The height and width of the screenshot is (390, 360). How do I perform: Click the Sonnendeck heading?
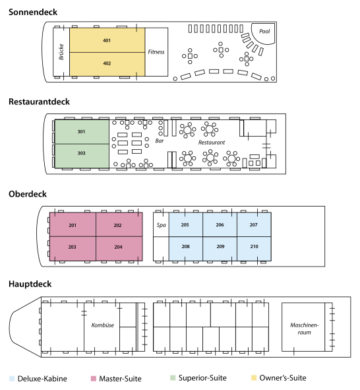(x=33, y=12)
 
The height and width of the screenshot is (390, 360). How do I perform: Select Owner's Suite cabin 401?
(x=107, y=40)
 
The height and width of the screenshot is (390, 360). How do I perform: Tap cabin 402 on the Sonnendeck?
(x=107, y=64)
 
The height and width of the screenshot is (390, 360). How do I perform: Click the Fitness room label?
(x=156, y=51)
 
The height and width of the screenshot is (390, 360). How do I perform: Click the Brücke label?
(x=61, y=51)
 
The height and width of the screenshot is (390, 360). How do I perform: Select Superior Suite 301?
(x=82, y=131)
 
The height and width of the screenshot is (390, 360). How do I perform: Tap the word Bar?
(x=160, y=141)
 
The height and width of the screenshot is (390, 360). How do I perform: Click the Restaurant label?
(x=212, y=143)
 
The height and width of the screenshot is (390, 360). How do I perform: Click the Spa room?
(x=161, y=225)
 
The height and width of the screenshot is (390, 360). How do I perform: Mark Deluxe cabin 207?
(x=254, y=224)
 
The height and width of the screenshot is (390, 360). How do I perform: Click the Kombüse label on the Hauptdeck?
(x=103, y=325)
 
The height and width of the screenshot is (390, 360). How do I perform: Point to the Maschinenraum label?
(x=304, y=329)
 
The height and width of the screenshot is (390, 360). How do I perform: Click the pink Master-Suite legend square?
(x=94, y=379)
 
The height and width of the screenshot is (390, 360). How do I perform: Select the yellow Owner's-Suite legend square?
(x=254, y=378)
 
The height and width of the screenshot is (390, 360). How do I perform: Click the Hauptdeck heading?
(x=30, y=284)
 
